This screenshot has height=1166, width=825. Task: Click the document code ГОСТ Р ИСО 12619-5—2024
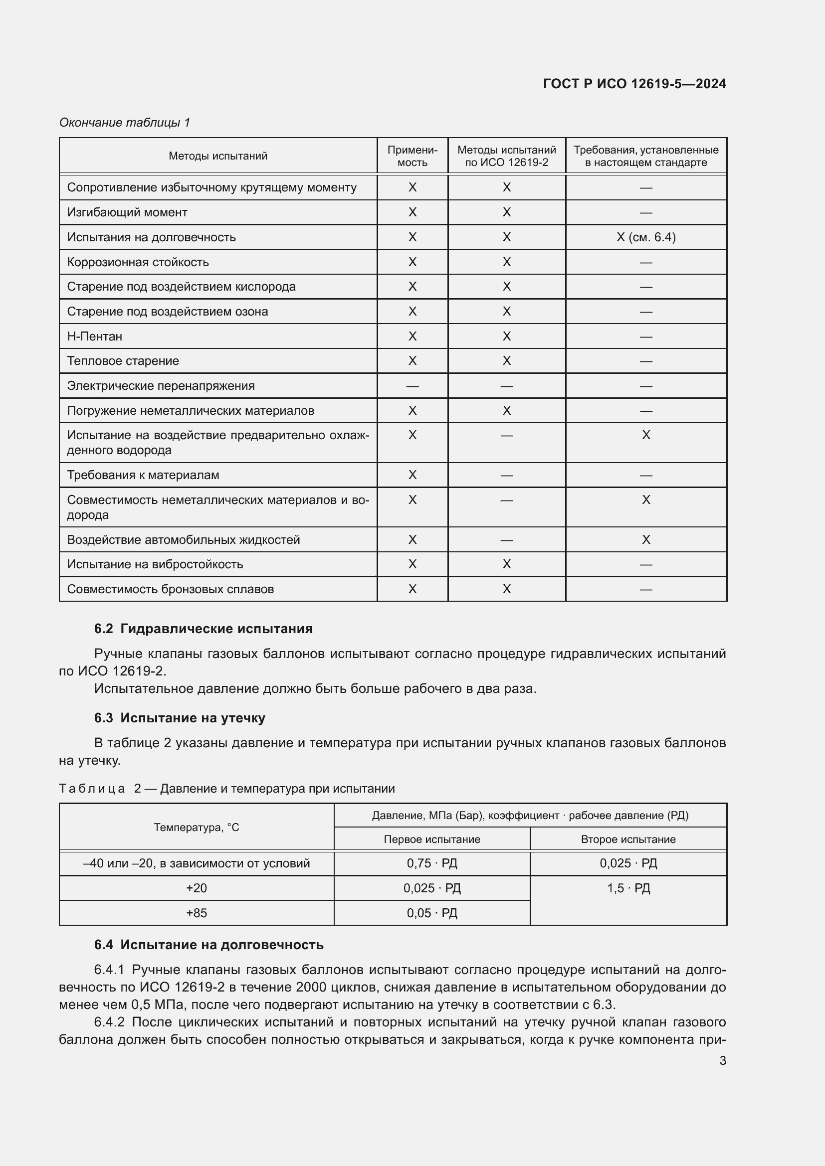[634, 84]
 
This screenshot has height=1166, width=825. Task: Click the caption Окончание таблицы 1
[125, 123]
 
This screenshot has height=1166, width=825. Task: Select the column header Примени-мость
[412, 156]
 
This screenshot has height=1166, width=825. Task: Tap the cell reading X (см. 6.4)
[645, 237]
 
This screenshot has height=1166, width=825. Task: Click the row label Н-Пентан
[94, 336]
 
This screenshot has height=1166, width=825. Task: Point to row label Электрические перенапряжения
[161, 386]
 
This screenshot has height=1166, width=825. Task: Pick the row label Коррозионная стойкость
[138, 262]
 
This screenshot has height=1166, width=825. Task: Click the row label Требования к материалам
[143, 475]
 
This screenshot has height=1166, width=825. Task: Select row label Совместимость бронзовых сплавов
[170, 589]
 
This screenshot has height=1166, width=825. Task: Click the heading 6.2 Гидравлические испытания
[203, 629]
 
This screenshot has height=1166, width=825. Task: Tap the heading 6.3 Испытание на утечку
[180, 717]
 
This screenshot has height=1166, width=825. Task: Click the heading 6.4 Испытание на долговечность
[208, 945]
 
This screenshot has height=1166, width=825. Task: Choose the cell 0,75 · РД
[432, 863]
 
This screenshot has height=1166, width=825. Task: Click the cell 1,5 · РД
[628, 888]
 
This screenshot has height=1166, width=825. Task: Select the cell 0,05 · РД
[432, 913]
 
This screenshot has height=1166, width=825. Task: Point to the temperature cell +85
[196, 913]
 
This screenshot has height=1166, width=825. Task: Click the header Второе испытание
[628, 839]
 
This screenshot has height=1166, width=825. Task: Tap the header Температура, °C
[196, 828]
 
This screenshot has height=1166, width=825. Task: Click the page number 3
[722, 1060]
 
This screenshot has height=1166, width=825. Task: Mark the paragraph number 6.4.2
[109, 1022]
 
